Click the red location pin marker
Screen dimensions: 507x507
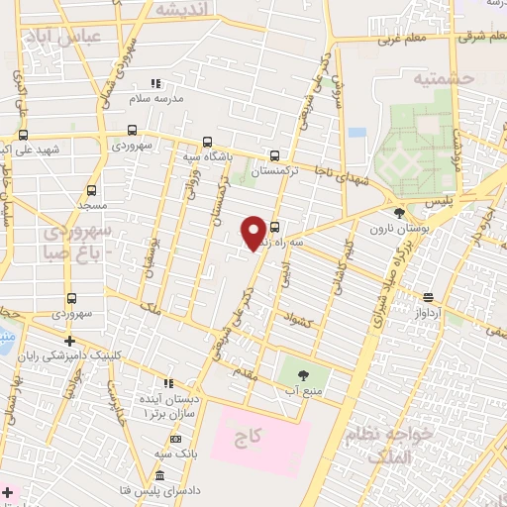tap(253, 232)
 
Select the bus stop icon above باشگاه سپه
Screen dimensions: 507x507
tap(207, 142)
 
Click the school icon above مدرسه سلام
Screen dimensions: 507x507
tap(153, 84)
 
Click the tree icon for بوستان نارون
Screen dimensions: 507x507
tap(398, 213)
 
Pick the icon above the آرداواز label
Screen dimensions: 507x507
tap(428, 297)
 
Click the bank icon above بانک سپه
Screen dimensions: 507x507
tap(175, 438)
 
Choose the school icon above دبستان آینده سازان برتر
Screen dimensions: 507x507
tap(168, 382)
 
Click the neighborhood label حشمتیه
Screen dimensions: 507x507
tap(444, 77)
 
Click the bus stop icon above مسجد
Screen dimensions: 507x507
tap(91, 190)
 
